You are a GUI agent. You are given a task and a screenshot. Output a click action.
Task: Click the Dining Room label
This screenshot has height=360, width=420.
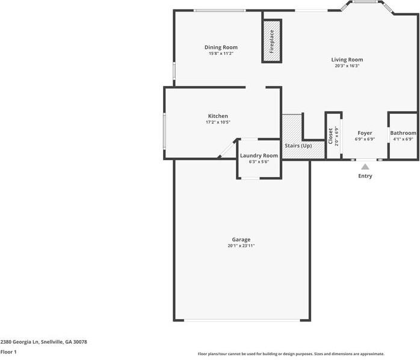221,47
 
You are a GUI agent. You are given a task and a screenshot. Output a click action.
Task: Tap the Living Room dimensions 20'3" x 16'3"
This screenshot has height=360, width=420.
347,66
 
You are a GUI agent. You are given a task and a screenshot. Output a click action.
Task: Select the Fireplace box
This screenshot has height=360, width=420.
271,42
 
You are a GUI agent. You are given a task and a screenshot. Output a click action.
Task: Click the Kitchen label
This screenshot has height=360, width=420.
218,116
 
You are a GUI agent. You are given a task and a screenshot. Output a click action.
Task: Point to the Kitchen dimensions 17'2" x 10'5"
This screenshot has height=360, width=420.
218,122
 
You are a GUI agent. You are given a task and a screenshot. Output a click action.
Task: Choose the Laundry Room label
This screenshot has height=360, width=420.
259,155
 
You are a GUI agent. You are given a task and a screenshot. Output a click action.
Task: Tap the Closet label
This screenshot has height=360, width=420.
330,134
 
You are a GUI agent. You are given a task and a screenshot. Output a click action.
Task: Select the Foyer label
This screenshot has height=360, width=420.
365,132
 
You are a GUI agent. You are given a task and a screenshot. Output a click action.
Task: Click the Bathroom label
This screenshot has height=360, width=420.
403,132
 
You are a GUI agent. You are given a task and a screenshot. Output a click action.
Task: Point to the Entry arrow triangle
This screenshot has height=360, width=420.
365,167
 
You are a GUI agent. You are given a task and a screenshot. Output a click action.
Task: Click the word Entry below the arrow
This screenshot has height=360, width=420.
365,176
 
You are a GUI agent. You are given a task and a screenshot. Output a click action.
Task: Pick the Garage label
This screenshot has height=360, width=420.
241,239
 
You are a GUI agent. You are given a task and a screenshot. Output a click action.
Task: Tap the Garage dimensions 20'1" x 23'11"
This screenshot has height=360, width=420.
241,246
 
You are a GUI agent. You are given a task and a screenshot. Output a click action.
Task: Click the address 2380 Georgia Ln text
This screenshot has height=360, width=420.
44,342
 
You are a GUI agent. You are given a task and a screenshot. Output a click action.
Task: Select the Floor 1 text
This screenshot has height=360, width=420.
8,352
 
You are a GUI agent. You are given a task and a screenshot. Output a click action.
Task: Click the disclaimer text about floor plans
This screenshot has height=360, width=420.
291,354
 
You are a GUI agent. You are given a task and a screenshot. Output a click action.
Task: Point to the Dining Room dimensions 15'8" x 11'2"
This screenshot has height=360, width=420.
221,54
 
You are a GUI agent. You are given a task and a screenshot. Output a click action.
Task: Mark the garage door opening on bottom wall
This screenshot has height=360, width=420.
241,320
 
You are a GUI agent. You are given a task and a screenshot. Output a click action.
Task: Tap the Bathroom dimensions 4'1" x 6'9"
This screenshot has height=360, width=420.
403,139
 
